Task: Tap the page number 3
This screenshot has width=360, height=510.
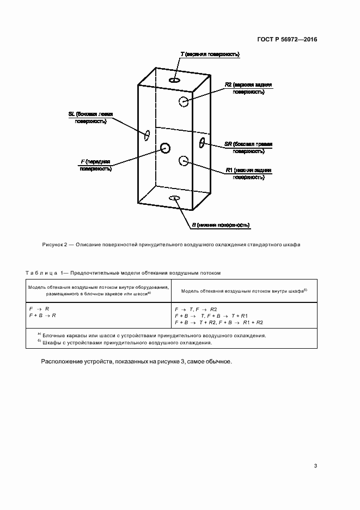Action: pos(315,466)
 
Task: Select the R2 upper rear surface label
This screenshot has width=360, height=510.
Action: pos(248,89)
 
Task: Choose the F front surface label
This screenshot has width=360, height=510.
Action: pos(96,165)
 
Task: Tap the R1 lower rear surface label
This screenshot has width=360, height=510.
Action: pos(248,174)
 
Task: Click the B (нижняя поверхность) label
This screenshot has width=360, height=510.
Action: pos(220,224)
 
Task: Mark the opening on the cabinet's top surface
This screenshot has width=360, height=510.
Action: pos(175,81)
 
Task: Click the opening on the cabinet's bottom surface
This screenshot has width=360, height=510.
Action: pos(175,198)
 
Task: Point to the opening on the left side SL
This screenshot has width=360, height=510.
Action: pos(147,135)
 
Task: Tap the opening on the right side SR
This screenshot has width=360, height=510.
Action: pos(202,143)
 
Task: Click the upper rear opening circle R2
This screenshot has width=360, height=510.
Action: pos(184,101)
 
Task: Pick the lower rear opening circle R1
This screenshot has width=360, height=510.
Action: pos(184,160)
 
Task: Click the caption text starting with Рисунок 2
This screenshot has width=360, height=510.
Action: pos(171,245)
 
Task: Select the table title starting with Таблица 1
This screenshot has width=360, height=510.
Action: pos(123,272)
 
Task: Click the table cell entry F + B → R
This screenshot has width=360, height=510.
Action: pos(42,315)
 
